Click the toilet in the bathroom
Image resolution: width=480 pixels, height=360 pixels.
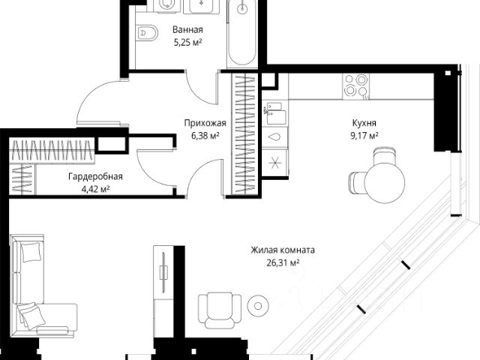(x=146, y=31)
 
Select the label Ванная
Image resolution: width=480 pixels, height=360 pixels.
(x=187, y=30)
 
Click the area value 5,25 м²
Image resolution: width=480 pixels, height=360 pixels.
(x=187, y=42)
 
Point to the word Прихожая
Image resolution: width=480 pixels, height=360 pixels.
(x=205, y=123)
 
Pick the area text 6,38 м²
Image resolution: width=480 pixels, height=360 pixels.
(x=205, y=136)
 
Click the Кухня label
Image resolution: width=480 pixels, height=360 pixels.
(x=364, y=123)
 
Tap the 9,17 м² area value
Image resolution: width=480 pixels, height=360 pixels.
(x=364, y=136)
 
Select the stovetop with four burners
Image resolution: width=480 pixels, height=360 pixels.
(x=355, y=86)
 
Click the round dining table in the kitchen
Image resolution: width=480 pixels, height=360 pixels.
(x=385, y=182)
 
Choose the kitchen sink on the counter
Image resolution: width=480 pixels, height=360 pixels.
(x=275, y=113)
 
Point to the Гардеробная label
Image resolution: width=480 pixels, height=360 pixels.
(x=95, y=177)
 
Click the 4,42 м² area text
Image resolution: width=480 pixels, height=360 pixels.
(x=95, y=189)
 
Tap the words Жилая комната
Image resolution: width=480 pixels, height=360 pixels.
(x=283, y=250)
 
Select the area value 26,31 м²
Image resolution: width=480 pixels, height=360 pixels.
(x=283, y=262)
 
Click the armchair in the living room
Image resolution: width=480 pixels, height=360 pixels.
(x=219, y=310)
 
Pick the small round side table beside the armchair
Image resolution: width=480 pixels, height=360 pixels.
(x=258, y=305)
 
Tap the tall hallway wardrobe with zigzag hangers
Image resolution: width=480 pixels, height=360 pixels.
(x=244, y=134)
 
